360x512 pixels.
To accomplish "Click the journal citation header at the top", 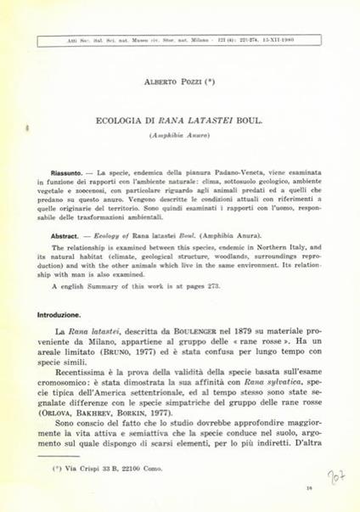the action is coord(180,39).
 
